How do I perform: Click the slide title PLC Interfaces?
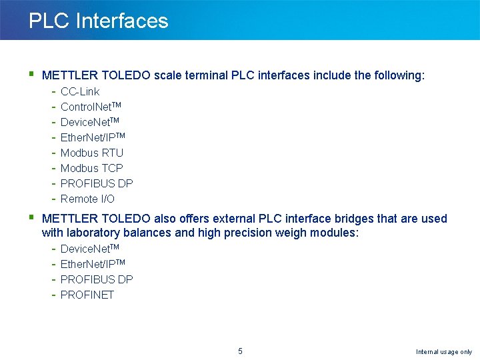(x=98, y=21)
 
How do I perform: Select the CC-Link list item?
(x=80, y=91)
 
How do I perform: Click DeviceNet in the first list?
(x=89, y=122)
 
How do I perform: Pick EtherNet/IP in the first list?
(x=93, y=137)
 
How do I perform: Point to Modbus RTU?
(x=92, y=153)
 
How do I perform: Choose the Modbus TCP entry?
(x=92, y=168)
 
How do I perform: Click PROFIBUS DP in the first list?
(x=97, y=183)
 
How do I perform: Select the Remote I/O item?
(x=87, y=199)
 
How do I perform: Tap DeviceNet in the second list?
(x=89, y=249)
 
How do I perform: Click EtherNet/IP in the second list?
(x=93, y=264)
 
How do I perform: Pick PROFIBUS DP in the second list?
(x=97, y=279)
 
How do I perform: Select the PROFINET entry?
(x=87, y=295)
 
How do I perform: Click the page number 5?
(x=240, y=351)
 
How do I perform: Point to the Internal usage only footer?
(x=443, y=352)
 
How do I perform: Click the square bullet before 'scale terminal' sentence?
(x=32, y=74)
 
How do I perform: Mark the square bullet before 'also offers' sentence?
(x=32, y=217)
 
